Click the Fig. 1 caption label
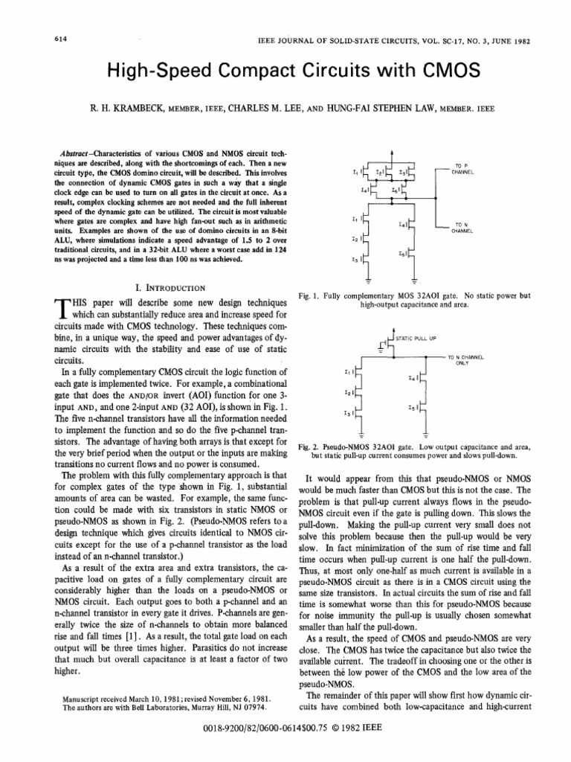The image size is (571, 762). tap(308, 295)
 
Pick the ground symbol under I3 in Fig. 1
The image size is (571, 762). tap(369, 280)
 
